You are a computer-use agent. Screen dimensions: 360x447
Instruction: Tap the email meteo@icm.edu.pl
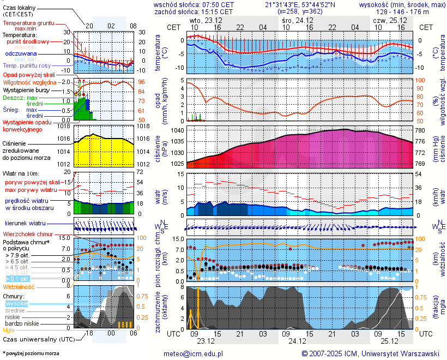point(194,353)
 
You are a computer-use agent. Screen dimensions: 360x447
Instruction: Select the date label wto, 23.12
point(202,20)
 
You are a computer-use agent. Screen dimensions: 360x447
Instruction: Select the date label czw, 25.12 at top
point(385,20)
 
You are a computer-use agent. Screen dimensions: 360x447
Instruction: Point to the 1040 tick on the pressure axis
point(178,131)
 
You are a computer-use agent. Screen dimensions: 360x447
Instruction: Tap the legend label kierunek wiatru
point(25,223)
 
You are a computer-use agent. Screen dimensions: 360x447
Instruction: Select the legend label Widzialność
point(19,286)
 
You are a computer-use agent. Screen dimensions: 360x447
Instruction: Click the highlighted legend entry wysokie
point(16,303)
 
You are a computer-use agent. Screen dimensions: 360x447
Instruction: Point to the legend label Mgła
point(9,330)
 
